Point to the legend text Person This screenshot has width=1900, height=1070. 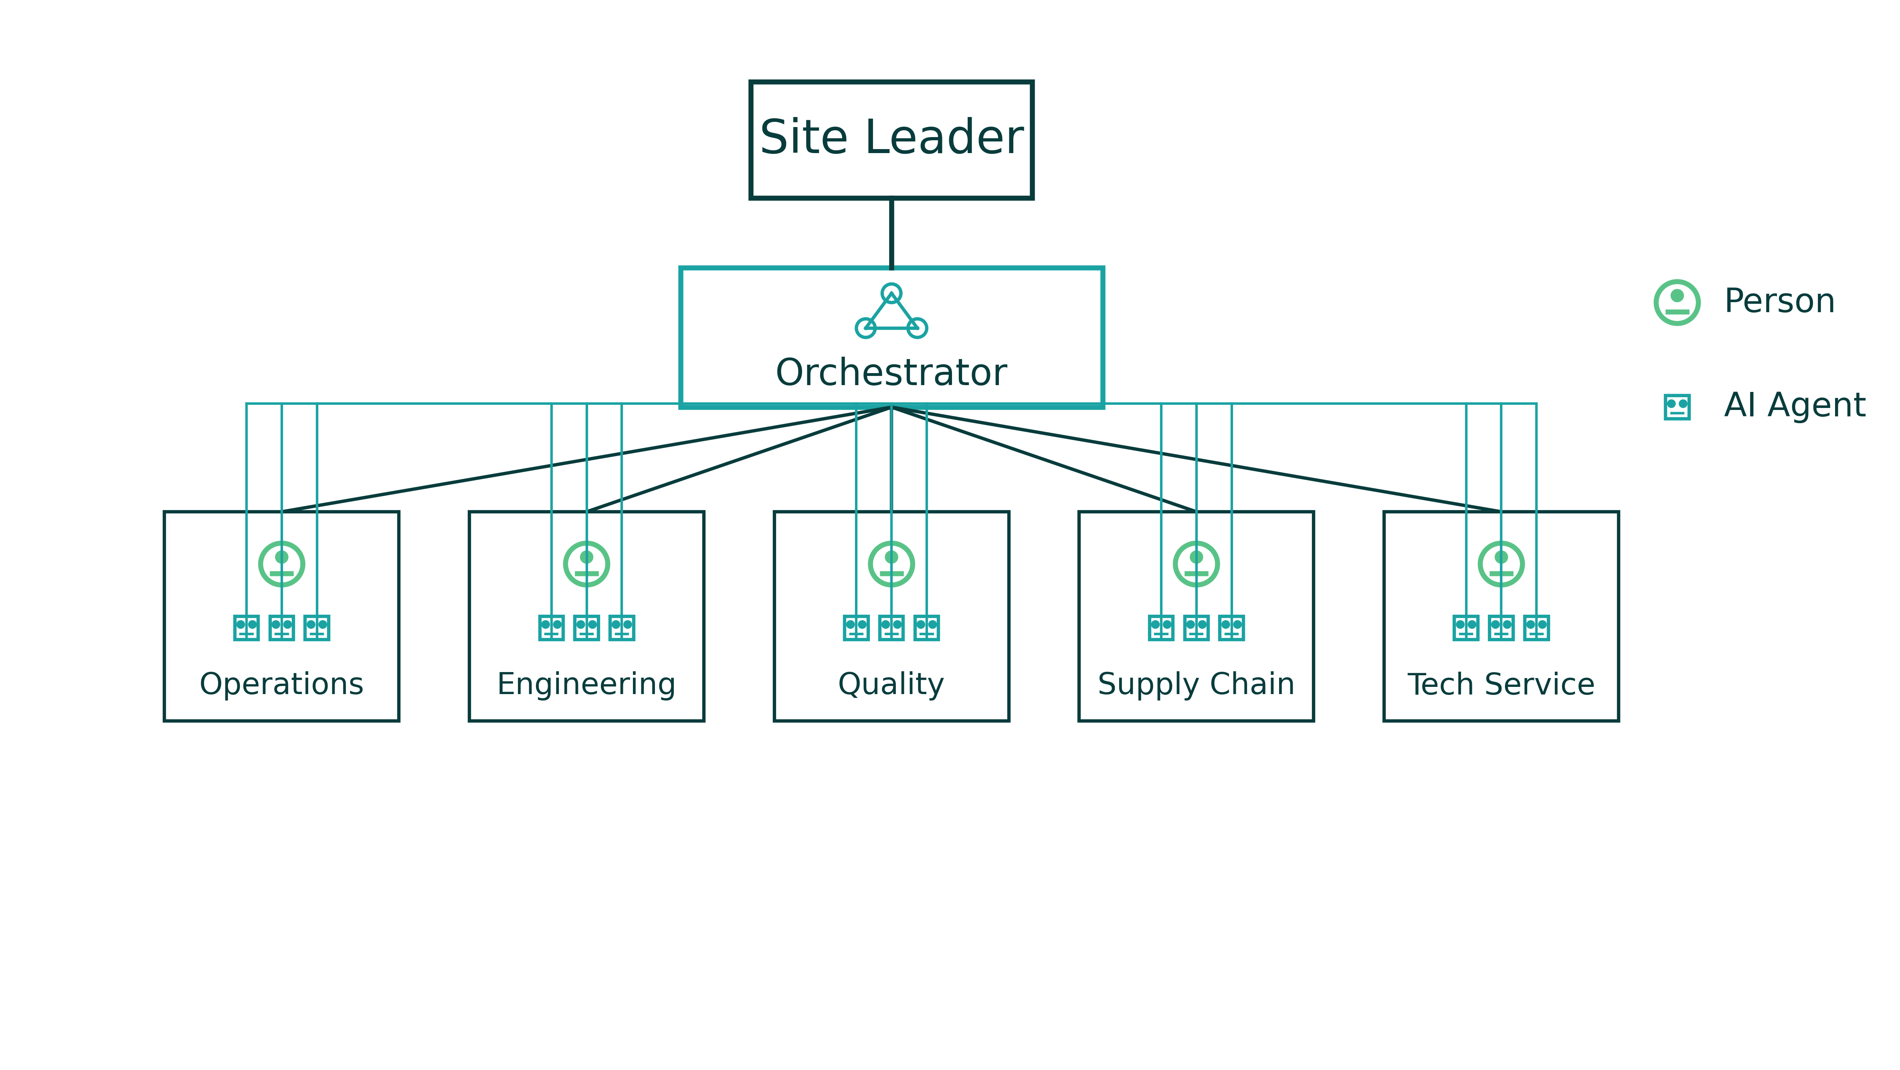coord(1779,301)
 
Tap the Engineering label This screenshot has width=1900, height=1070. coord(586,684)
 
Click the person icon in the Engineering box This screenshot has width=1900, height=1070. coord(586,564)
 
